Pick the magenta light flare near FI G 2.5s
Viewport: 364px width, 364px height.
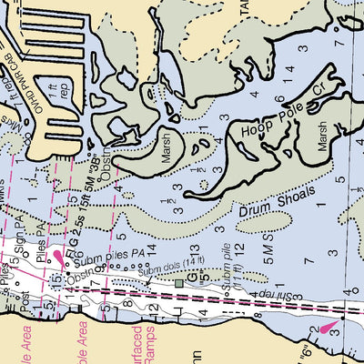coord(60,257)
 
